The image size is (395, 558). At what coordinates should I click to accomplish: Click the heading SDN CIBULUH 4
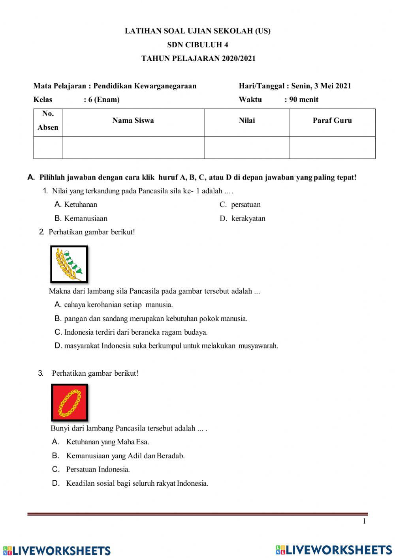(x=197, y=45)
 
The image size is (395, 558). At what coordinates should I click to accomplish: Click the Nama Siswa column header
(x=133, y=121)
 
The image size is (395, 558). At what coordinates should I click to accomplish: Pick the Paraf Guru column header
(x=332, y=121)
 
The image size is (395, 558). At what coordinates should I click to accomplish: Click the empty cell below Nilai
(x=247, y=148)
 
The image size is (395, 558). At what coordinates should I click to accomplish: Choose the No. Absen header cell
(x=48, y=121)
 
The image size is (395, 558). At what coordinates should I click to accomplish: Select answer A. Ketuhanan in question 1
(x=76, y=204)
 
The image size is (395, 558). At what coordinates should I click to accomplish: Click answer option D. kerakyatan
(x=243, y=218)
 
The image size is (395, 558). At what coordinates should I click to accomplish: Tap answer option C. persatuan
(x=240, y=204)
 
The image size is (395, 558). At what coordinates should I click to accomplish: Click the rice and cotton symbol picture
(x=69, y=264)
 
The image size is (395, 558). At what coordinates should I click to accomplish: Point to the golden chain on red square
(x=70, y=403)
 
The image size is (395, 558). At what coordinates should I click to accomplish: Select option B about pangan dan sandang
(x=151, y=318)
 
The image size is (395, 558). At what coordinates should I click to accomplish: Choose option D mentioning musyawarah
(x=166, y=346)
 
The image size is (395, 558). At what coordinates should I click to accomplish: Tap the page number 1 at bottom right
(x=364, y=521)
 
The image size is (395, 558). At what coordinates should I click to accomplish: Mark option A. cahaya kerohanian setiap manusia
(x=114, y=305)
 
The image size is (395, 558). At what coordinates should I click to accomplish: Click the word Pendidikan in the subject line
(x=113, y=86)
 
